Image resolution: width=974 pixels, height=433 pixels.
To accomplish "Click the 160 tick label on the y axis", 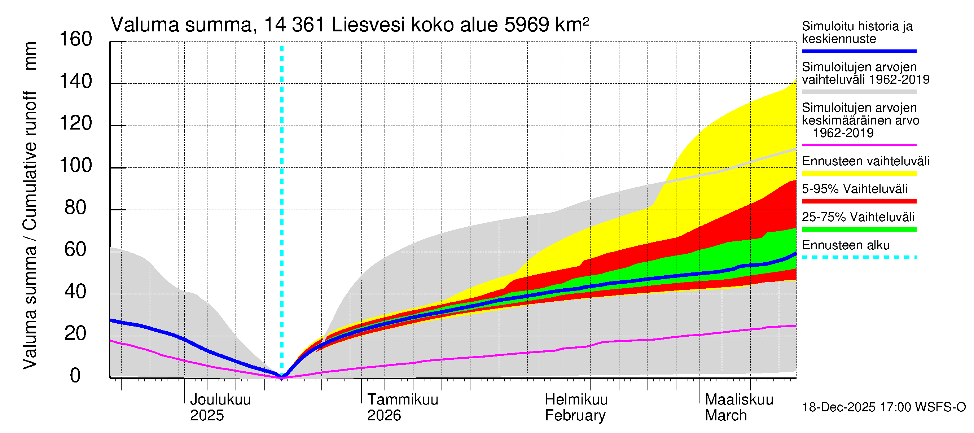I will coord(76,39).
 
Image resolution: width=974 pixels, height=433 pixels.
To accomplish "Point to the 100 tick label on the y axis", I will coord(76,166).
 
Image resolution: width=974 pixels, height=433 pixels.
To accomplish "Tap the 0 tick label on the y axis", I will coord(75,376).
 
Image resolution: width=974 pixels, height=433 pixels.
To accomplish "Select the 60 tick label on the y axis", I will coord(76,250).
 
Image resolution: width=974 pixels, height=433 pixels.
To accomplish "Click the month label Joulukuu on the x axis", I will coord(220,400).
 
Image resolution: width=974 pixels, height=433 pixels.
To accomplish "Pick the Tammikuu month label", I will coord(403,400).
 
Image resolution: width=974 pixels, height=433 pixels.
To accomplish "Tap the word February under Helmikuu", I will coord(575,416).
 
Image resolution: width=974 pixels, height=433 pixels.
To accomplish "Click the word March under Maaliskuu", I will coord(725,416).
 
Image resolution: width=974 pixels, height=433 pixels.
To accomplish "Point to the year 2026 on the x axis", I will coord(384,416).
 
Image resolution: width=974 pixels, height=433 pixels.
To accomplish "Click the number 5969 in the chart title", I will coord(526,25).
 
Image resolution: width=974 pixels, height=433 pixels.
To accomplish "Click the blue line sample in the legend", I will coord(859,51).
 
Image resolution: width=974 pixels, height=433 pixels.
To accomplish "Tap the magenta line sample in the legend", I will coord(859,145).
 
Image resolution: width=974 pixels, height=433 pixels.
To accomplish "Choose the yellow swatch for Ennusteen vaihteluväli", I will coord(859,174).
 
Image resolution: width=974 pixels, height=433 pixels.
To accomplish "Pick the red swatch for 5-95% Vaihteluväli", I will coord(859,202).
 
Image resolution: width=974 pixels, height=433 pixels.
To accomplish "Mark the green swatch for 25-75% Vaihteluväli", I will coord(859,229).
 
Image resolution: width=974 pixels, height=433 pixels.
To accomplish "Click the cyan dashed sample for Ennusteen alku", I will coord(859,258).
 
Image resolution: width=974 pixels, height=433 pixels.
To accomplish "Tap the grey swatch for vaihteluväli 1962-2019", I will coord(859,92).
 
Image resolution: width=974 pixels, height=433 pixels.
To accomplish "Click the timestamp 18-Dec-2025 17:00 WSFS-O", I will coord(883,407).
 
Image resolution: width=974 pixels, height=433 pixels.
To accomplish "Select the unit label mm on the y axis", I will coord(30,56).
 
